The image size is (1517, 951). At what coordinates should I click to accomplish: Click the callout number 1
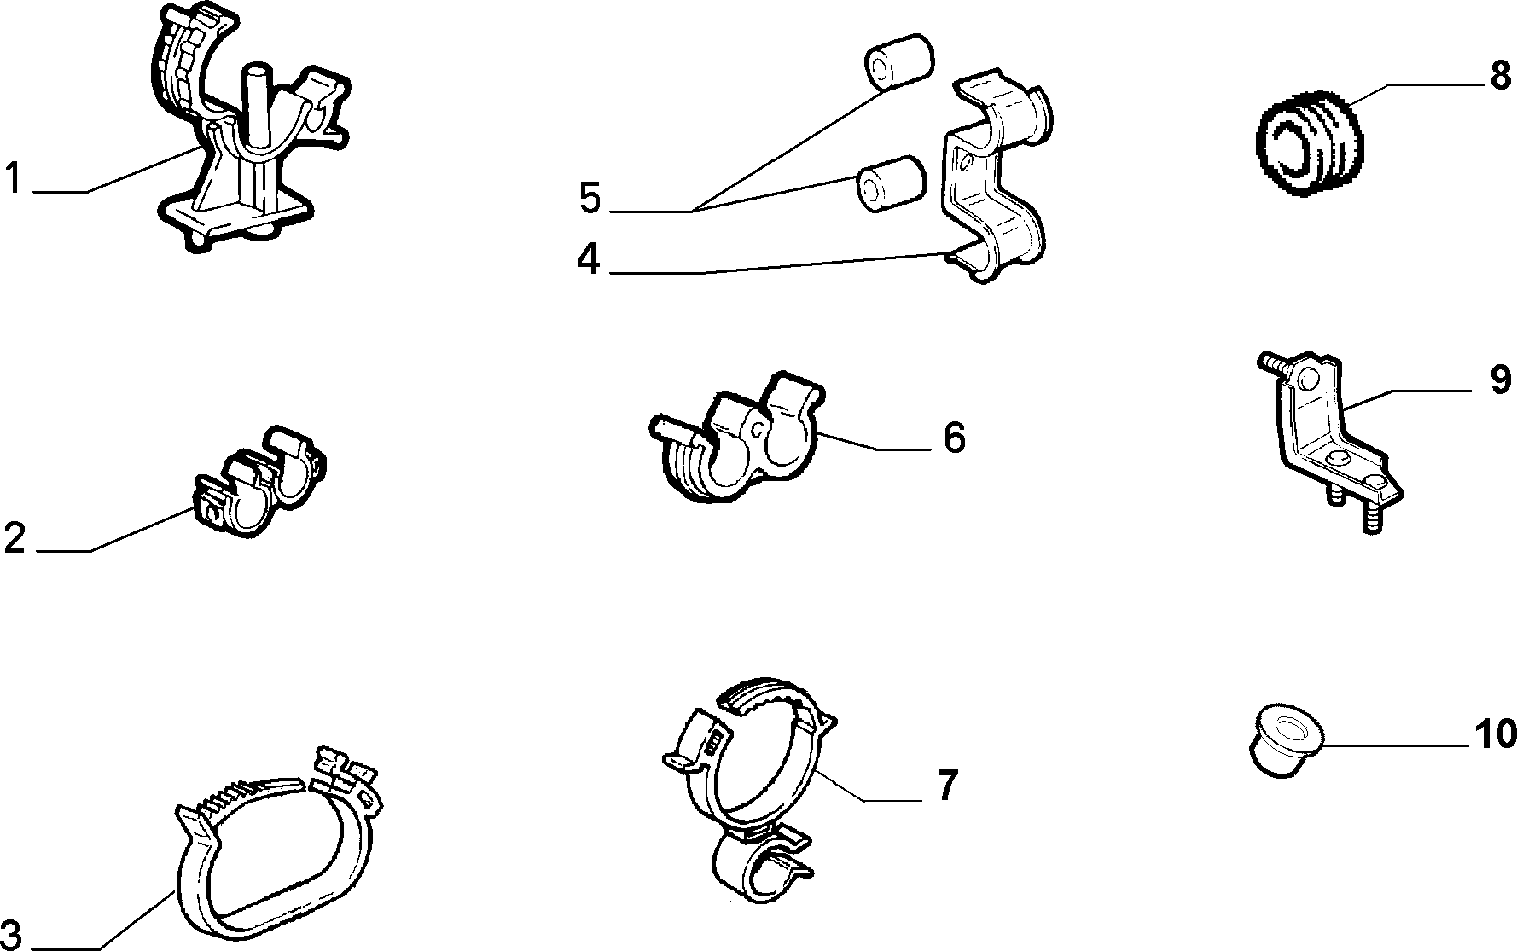click(x=13, y=179)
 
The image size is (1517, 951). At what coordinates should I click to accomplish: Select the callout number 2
click(x=15, y=538)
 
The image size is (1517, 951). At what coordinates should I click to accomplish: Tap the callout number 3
click(x=10, y=932)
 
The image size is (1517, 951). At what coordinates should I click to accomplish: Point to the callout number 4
click(x=590, y=259)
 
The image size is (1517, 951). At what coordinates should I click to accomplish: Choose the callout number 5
click(x=590, y=198)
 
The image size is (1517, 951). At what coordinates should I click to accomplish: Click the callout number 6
click(x=955, y=438)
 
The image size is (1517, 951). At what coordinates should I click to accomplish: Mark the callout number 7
click(x=948, y=785)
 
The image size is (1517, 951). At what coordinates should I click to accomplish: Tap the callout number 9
click(x=1501, y=380)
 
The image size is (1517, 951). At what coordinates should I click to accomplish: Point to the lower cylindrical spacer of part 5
click(x=891, y=183)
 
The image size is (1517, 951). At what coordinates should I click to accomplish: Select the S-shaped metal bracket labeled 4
click(x=996, y=175)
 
